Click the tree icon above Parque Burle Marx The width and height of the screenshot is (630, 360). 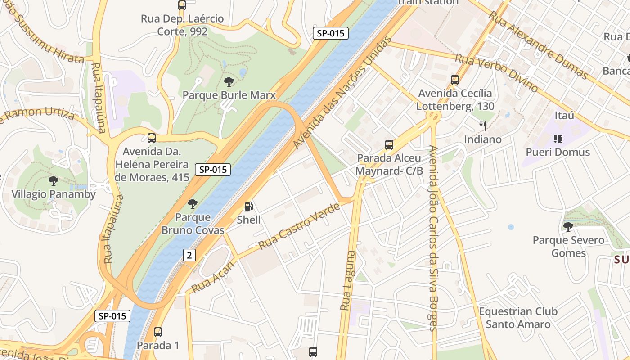[x=229, y=82]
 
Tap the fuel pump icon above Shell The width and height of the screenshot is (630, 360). [x=248, y=207]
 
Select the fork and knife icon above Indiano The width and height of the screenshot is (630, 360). [x=483, y=126]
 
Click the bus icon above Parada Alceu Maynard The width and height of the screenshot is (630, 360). [x=389, y=145]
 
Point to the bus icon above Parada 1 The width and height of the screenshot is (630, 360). [x=157, y=332]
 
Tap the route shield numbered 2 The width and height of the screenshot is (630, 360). [x=189, y=255]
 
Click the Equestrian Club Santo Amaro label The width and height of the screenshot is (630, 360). [x=518, y=318]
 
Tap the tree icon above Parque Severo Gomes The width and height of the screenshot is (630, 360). [x=568, y=226]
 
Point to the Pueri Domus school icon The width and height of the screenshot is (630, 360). [x=558, y=139]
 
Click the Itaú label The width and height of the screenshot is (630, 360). [x=564, y=116]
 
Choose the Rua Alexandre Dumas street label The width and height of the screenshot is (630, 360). [x=538, y=45]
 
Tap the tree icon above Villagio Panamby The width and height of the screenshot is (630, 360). [x=54, y=181]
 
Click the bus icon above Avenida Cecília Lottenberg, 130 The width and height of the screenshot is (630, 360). [x=455, y=80]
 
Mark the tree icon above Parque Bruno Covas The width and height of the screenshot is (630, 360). [x=193, y=204]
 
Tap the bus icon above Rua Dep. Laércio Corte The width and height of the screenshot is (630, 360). [x=182, y=5]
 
